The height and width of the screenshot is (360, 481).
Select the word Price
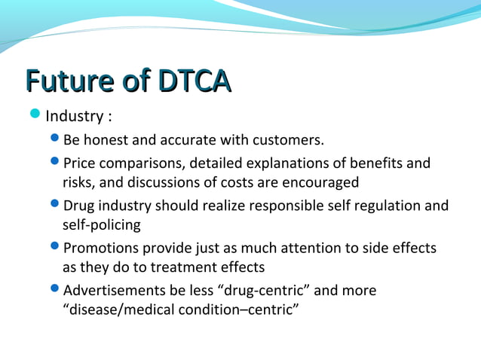pyautogui.click(x=80, y=163)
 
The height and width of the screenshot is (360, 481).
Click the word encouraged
pyautogui.click(x=322, y=182)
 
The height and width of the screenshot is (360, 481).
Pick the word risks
pyautogui.click(x=78, y=182)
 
